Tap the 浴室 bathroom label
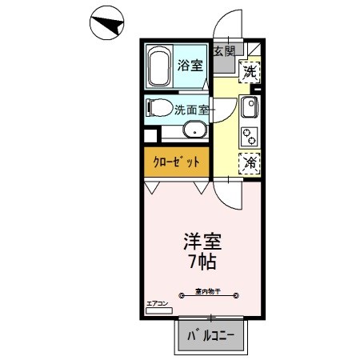coord(190,66)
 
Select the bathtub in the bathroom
coord(158,67)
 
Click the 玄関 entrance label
coord(224,51)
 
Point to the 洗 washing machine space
coord(250,71)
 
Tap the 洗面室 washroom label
coord(194,111)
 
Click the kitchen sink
coord(248,106)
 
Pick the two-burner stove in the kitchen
coord(248,135)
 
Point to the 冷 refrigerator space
coord(250,162)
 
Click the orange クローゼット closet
coord(175,161)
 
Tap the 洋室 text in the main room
coord(202,241)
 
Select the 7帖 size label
coord(202,261)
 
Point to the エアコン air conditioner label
coord(156,303)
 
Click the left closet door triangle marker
coord(151,187)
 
